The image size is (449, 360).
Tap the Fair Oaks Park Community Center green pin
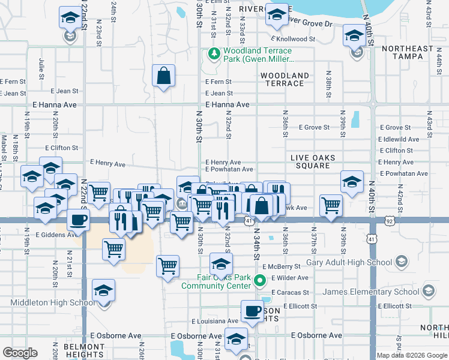pyautogui.click(x=259, y=280)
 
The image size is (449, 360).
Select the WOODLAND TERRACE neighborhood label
pyautogui.click(x=285, y=79)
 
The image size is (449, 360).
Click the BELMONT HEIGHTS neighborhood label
pyautogui.click(x=83, y=351)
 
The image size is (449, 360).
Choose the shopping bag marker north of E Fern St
pyautogui.click(x=163, y=76)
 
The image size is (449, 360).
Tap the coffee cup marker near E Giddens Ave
pyautogui.click(x=78, y=220)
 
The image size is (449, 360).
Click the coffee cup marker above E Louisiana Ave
pyautogui.click(x=253, y=311)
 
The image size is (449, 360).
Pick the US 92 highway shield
pyautogui.click(x=390, y=220)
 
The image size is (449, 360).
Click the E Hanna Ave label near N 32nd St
pyautogui.click(x=227, y=104)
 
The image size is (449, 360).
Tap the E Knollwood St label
pyautogui.click(x=293, y=39)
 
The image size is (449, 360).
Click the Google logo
pyautogui.click(x=20, y=353)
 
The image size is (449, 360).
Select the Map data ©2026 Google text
pyautogui.click(x=412, y=355)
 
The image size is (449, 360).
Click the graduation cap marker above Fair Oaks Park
pyautogui.click(x=221, y=263)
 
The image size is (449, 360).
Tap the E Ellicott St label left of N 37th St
pyautogui.click(x=297, y=306)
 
